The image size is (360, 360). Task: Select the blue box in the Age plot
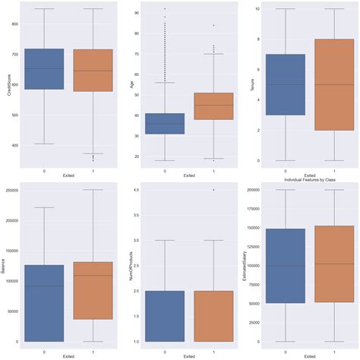pyautogui.click(x=164, y=123)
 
